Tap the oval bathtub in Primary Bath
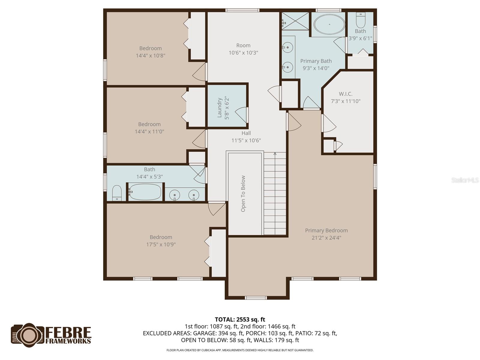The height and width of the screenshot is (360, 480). (x=329, y=24)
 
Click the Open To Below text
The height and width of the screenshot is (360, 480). (x=243, y=193)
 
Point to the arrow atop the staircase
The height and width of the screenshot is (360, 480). (x=275, y=154)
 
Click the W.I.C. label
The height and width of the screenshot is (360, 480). (x=346, y=94)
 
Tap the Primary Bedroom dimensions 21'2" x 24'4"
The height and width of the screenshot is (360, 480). (x=326, y=238)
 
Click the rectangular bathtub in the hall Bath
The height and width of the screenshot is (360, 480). (x=145, y=192)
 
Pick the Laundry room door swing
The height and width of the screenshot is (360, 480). (x=241, y=115)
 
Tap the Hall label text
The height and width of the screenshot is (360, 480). (x=246, y=133)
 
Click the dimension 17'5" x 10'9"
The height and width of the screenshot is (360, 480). (x=161, y=244)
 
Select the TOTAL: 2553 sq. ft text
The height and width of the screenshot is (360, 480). (x=240, y=319)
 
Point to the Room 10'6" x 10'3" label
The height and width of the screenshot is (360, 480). (x=243, y=46)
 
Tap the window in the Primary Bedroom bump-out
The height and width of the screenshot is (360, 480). (x=256, y=298)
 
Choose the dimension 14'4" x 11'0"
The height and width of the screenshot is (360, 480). (x=149, y=131)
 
